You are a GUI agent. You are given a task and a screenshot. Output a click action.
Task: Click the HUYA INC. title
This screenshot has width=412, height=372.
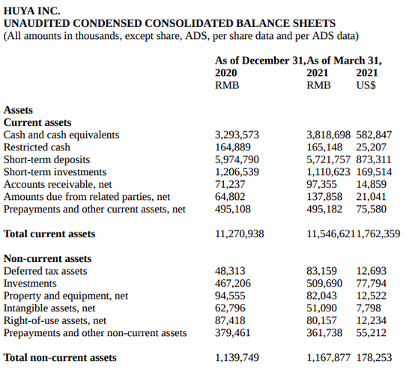pyautogui.click(x=31, y=10)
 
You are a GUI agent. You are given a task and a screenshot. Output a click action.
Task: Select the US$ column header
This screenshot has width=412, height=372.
pyautogui.click(x=366, y=85)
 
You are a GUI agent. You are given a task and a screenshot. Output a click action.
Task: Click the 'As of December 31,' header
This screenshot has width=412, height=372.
pyautogui.click(x=261, y=61)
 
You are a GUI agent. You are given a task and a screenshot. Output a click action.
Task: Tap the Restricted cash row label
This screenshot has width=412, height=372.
pyautogui.click(x=37, y=147)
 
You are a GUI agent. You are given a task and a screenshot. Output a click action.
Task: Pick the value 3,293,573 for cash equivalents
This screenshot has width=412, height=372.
pyautogui.click(x=237, y=135)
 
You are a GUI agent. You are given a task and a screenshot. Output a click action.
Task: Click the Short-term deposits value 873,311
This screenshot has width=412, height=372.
pyautogui.click(x=374, y=159)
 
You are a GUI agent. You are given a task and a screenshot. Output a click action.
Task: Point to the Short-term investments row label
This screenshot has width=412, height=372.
pyautogui.click(x=55, y=172)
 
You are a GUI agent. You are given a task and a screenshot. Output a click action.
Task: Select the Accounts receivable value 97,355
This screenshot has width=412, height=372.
pyautogui.click(x=321, y=184)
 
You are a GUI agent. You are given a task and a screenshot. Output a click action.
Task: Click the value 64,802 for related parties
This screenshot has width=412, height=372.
pyautogui.click(x=230, y=197)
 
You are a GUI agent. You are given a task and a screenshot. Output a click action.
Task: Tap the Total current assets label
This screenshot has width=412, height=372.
pyautogui.click(x=49, y=234)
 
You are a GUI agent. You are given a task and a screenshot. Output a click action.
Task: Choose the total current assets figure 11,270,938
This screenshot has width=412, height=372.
pyautogui.click(x=240, y=234)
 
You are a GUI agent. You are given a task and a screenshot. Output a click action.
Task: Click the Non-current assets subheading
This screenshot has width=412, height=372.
pyautogui.click(x=47, y=258)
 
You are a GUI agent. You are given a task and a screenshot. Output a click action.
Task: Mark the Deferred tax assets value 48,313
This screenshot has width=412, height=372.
pyautogui.click(x=230, y=271)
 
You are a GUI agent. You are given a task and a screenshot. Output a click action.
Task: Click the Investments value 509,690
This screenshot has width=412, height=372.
pyautogui.click(x=324, y=283)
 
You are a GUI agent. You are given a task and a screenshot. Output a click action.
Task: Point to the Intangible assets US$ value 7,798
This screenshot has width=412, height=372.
pyautogui.click(x=369, y=308)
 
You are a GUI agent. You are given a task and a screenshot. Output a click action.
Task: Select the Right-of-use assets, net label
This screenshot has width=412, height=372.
pyautogui.click(x=55, y=320)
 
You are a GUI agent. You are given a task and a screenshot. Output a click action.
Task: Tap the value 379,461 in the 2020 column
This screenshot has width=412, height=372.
pyautogui.click(x=232, y=333)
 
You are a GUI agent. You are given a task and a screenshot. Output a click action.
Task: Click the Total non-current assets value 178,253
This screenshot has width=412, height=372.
pyautogui.click(x=374, y=358)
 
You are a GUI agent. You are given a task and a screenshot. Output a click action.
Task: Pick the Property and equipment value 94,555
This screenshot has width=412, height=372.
pyautogui.click(x=230, y=296)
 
